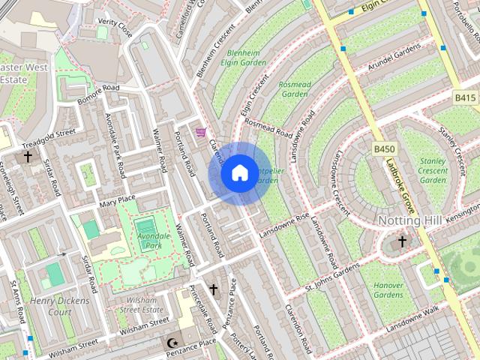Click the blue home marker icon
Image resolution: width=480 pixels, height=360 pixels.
click(239, 173)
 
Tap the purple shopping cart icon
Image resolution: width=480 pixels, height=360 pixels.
click(200, 133)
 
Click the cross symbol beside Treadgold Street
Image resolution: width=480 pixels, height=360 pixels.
click(28, 157)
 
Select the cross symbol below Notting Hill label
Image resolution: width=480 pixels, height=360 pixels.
click(402, 241)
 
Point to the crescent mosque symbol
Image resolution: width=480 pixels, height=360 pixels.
click(169, 343)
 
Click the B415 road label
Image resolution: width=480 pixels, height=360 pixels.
click(465, 98)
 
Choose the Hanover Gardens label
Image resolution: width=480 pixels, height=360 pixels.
click(388, 289)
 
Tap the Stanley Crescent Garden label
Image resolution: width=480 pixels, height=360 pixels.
click(433, 170)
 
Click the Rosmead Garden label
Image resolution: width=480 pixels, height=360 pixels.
click(294, 89)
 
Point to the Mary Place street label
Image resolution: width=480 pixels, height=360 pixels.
click(117, 201)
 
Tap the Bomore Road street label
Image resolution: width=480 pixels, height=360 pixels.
click(98, 93)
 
